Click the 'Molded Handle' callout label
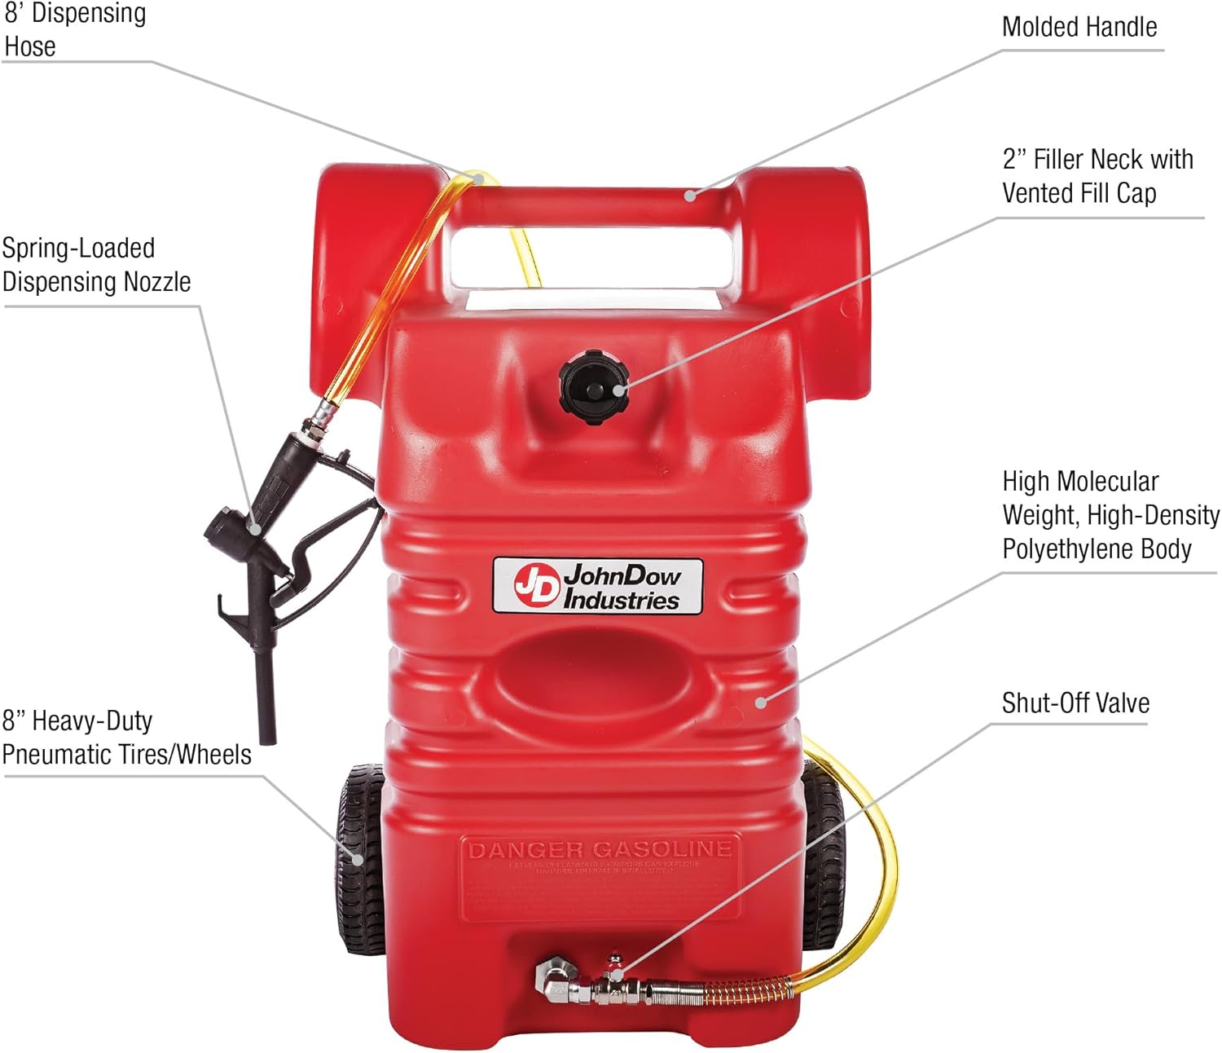(1079, 27)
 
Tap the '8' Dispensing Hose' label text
(75, 29)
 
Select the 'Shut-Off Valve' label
(1075, 703)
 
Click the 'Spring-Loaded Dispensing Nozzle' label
(96, 265)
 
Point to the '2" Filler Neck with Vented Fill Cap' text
(1097, 176)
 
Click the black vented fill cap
(594, 386)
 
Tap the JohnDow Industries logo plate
(598, 586)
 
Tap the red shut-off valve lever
(614, 961)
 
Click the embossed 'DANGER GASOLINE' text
(600, 850)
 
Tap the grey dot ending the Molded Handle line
(690, 195)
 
